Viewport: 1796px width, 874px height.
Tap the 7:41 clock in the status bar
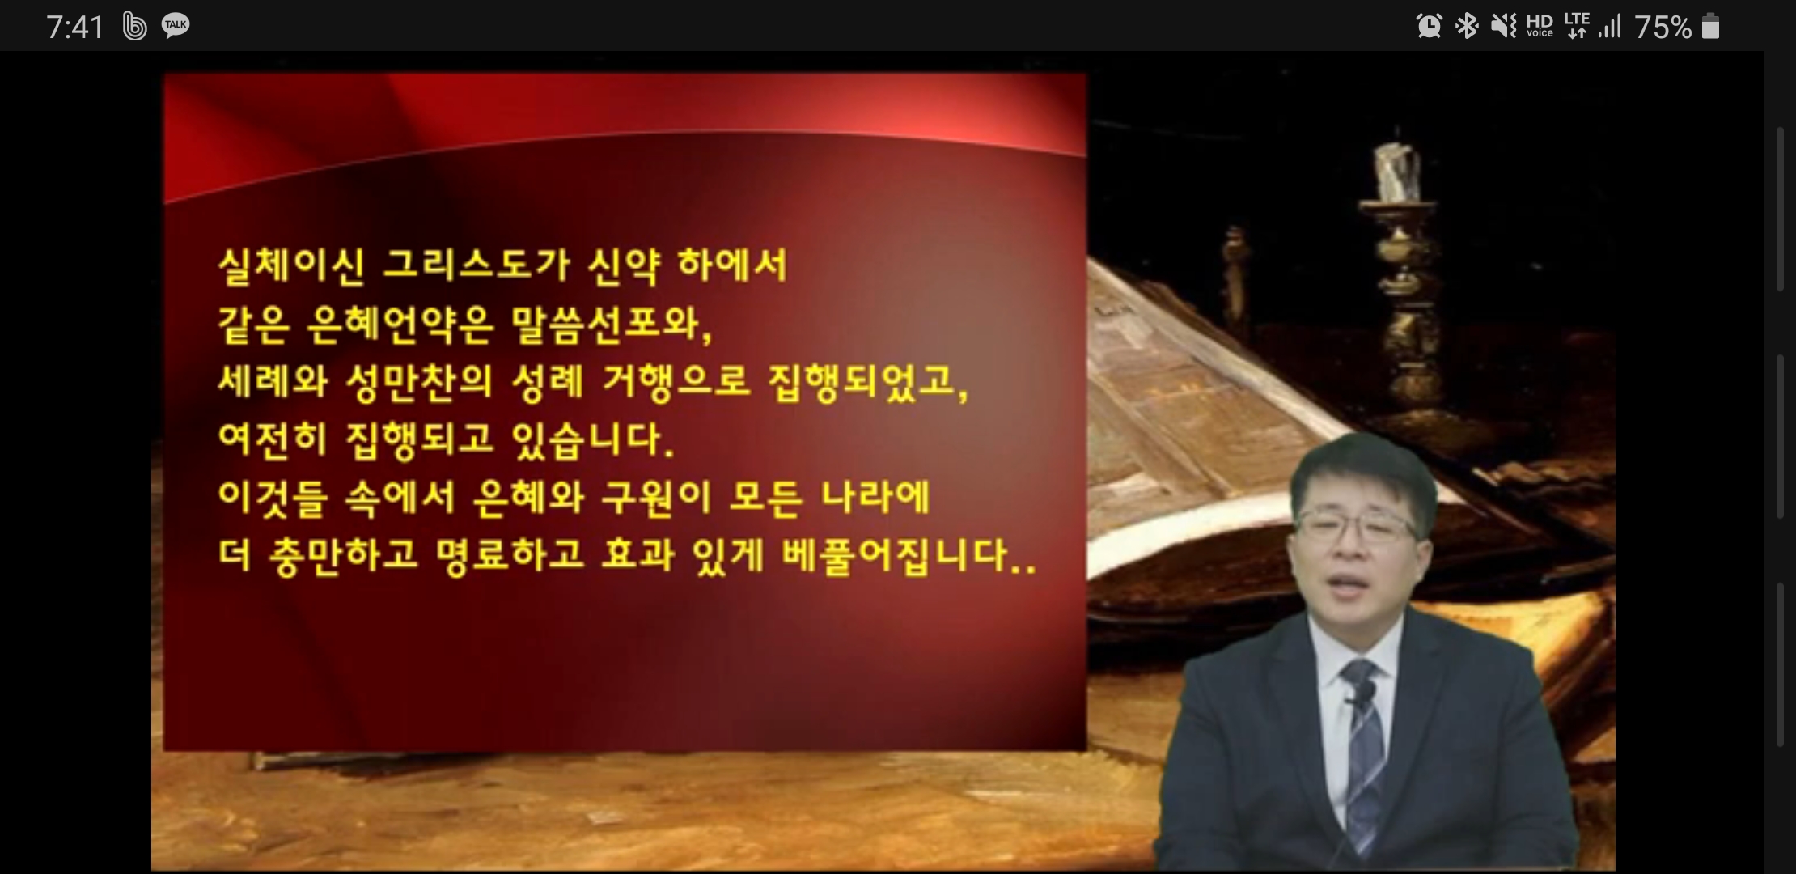75,28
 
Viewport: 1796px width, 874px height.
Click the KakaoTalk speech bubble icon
176,26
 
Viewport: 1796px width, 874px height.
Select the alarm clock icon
1429,26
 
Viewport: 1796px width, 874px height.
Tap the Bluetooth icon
1466,26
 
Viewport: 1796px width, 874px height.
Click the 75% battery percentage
1663,28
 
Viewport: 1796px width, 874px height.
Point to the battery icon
1710,27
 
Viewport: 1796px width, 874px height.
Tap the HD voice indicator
1540,26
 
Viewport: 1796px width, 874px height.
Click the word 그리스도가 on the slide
476,265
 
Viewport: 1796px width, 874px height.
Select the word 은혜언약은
400,324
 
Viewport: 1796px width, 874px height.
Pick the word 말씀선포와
611,324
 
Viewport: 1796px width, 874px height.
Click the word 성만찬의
419,382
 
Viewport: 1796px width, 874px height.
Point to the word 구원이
655,497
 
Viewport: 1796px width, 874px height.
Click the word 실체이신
291,265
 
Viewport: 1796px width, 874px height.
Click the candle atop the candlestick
1398,171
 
